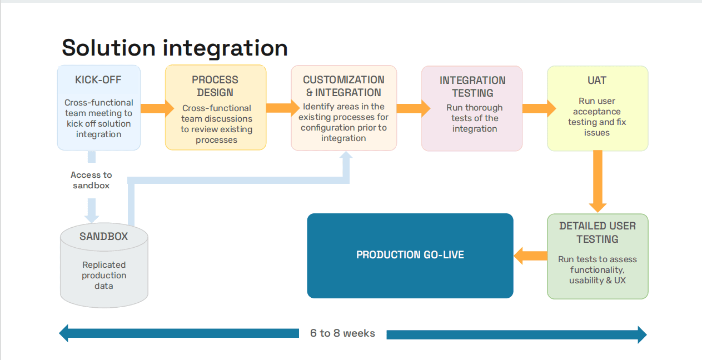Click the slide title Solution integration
click(175, 48)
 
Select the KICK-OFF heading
click(98, 80)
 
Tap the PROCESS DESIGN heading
click(215, 86)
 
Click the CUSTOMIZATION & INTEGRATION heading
click(343, 86)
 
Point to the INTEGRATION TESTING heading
click(472, 87)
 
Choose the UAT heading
click(597, 81)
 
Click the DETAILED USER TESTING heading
click(598, 232)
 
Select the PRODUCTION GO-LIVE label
click(410, 255)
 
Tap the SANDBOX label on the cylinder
click(104, 237)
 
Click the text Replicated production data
click(104, 276)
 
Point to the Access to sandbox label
click(91, 180)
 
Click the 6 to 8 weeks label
click(342, 333)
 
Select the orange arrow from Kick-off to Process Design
click(157, 108)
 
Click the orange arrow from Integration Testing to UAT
click(539, 108)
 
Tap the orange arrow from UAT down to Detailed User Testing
click(598, 182)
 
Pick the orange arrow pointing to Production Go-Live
click(531, 256)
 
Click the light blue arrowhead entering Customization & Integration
click(346, 155)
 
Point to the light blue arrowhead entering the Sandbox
click(92, 219)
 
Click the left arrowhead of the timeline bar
click(63, 333)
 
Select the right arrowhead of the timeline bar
click(642, 334)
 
